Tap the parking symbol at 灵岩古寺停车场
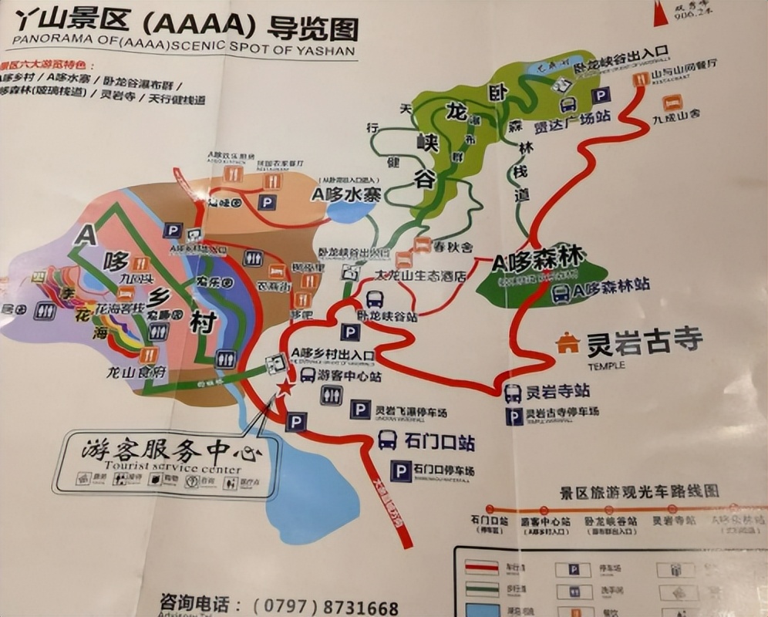[514, 416]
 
